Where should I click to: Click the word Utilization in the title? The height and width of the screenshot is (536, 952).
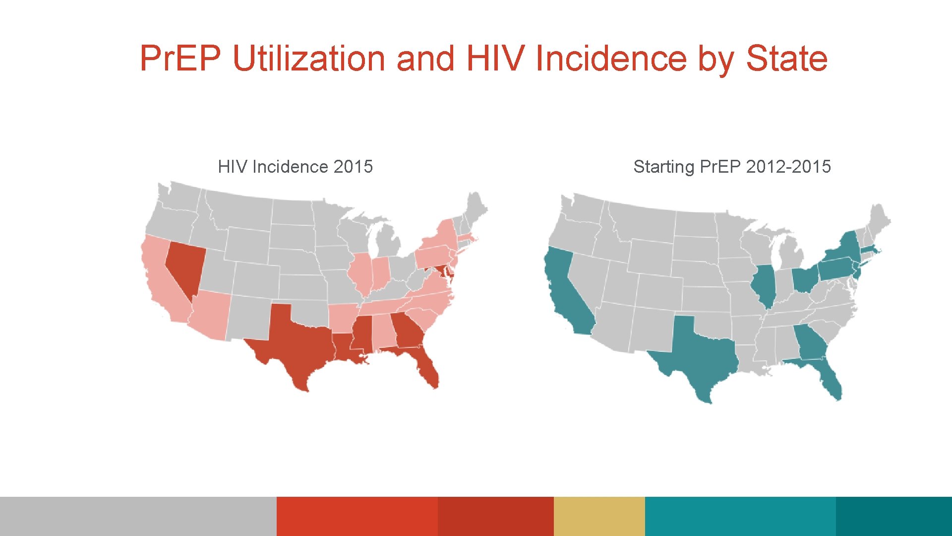point(309,59)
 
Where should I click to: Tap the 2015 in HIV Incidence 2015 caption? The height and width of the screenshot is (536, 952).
point(353,167)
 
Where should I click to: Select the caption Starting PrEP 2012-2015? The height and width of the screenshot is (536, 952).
point(732,167)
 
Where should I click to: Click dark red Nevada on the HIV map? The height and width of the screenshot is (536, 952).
point(184,263)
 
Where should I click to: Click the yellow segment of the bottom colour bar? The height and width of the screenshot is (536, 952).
point(599,516)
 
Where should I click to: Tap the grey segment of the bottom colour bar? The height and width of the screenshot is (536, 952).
point(138,516)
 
